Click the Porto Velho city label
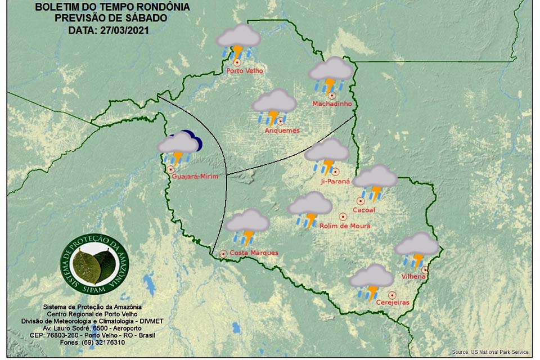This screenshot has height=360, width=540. click(x=245, y=71)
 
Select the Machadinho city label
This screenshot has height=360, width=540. click(x=332, y=104)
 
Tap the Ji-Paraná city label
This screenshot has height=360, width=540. click(x=335, y=181)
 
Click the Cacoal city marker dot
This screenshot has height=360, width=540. click(x=361, y=201)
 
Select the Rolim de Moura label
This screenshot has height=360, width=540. click(x=345, y=226)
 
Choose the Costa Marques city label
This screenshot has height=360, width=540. click(x=254, y=253)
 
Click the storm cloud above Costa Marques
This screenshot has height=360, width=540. click(x=247, y=226)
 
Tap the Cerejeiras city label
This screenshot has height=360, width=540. click(x=392, y=303)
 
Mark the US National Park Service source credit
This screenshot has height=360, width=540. click(x=490, y=352)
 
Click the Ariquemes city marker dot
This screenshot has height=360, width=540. click(x=280, y=121)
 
